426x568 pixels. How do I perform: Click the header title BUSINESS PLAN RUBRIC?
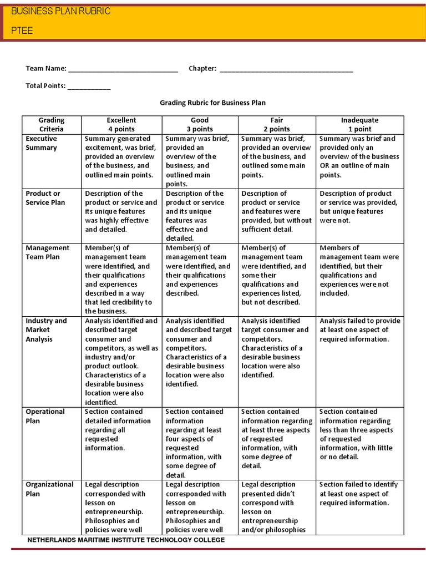61,11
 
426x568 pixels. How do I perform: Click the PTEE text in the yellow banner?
22,31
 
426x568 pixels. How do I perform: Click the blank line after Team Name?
123,69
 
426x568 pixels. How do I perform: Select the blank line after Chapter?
286,69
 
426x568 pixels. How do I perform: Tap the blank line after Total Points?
89,87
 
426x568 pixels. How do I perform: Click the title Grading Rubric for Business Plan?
213,103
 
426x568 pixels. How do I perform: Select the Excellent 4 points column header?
121,124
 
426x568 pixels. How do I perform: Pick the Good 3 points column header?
200,124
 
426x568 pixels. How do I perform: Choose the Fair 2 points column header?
277,124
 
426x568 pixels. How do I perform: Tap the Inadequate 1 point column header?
359,124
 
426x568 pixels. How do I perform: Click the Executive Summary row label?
42,143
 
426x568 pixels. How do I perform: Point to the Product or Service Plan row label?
45,198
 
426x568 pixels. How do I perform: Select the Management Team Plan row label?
48,252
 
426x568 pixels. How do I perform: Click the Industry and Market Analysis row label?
46,329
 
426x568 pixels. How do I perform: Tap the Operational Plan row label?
45,416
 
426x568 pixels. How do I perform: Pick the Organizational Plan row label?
49,489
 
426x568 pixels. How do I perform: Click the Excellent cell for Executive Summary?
121,156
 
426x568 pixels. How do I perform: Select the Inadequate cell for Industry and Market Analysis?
359,329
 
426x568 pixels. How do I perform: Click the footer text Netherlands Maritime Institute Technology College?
126,539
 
